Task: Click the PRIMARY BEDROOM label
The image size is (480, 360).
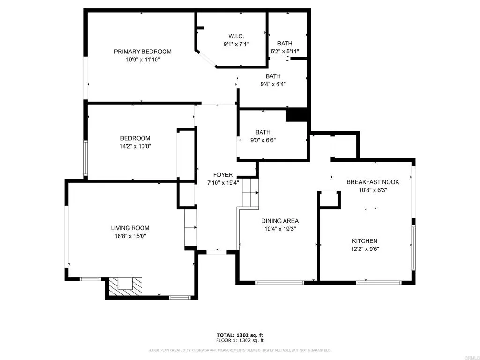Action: point(142,52)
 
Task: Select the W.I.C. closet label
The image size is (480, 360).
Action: point(236,37)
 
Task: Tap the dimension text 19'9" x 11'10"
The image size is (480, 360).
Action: point(142,59)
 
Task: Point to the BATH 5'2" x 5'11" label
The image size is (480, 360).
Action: point(285,47)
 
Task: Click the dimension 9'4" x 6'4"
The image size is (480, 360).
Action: point(273,84)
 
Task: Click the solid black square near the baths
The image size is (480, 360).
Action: point(296,115)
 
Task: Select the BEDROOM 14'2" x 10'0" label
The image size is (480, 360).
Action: point(135,142)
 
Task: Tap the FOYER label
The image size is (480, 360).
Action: point(223,175)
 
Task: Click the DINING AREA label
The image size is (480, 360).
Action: point(280,221)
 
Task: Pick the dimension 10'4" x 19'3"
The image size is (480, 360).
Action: point(280,229)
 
